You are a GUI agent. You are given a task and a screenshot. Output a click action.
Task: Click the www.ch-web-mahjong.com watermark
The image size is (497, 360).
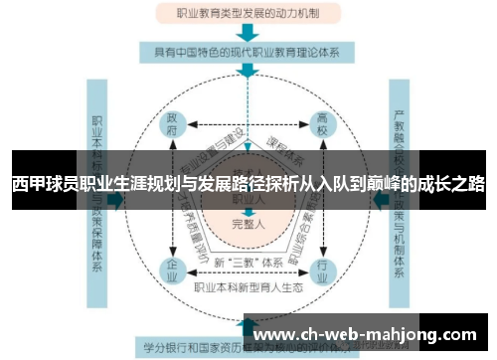click(368, 335)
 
